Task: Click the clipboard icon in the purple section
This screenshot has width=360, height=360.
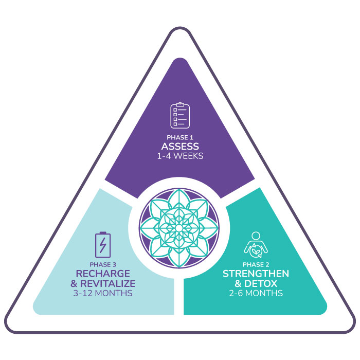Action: tap(180, 115)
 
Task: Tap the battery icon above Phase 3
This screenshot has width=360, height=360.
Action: tap(103, 245)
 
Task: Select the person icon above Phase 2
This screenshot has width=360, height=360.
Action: tap(256, 245)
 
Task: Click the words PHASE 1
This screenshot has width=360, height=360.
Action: tap(180, 137)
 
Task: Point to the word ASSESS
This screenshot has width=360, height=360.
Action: tap(180, 147)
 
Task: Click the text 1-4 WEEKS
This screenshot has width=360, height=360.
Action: tap(180, 156)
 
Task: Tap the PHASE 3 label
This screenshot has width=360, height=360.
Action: tap(103, 265)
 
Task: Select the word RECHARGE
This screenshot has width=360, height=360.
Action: tap(103, 274)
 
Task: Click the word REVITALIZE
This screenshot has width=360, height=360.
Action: tap(107, 283)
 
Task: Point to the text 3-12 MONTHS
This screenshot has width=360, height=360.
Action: tap(103, 293)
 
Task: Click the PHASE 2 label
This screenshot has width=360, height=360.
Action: tap(256, 265)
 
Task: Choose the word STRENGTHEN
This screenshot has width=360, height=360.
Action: tap(256, 274)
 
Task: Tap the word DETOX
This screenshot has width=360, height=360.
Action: tap(261, 283)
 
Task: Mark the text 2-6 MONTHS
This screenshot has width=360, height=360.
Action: tap(256, 293)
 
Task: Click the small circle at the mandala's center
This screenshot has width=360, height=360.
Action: tap(179, 228)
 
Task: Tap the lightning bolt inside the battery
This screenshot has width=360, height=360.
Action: tap(103, 245)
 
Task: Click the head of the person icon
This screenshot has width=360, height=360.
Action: tap(256, 236)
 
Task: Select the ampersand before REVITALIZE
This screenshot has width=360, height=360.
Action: tap(74, 284)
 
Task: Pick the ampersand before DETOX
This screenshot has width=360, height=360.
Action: tap(238, 284)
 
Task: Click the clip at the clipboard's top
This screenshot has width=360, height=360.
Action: tap(180, 104)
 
